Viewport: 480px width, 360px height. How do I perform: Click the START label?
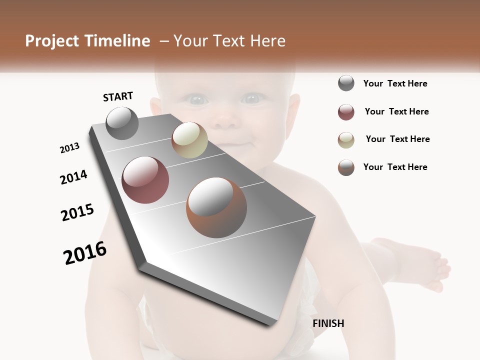tap(118, 96)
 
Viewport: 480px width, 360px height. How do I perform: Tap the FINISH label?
tap(328, 323)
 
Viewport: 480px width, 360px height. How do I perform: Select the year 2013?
tap(69, 148)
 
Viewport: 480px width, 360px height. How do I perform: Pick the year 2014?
tap(73, 177)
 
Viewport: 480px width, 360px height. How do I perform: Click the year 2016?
tap(85, 253)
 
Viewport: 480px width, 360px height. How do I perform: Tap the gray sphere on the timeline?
tap(122, 123)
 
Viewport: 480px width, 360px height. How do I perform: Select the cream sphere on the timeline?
tap(189, 140)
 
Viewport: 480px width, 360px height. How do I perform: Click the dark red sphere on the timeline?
tap(145, 180)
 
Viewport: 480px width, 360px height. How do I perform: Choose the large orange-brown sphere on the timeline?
tap(216, 207)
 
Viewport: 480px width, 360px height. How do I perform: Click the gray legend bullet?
tap(346, 83)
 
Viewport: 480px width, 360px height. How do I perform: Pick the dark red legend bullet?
tap(346, 112)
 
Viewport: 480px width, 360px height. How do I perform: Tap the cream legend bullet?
tap(346, 140)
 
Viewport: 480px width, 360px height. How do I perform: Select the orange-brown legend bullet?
tap(346, 167)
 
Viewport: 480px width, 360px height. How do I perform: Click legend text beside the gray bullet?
tap(395, 83)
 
